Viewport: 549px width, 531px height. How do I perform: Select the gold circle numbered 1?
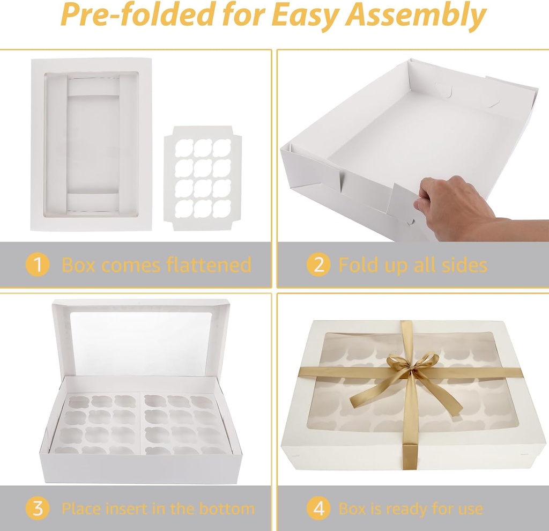click(38, 265)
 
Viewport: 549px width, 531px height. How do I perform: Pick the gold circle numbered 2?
click(318, 265)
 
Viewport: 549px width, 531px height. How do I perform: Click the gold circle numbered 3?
click(38, 508)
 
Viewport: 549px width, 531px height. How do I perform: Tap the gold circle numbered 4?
click(318, 508)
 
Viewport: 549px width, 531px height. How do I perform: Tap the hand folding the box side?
click(456, 206)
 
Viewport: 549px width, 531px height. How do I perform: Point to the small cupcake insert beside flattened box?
click(203, 178)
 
